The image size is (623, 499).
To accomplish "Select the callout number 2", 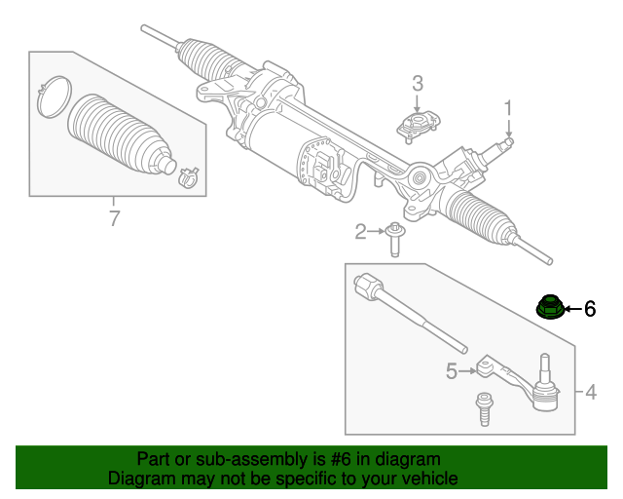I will pos(360,231).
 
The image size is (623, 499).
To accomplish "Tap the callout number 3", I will pos(417,83).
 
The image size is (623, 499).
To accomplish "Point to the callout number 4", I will pos(591,394).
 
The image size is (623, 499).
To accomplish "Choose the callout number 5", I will pos(452,370).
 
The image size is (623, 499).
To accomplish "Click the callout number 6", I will pos(589,310).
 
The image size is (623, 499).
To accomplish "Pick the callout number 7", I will pos(114,219).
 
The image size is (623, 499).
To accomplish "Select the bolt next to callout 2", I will pos(395,237).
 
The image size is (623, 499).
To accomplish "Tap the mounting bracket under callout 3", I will pos(418,125).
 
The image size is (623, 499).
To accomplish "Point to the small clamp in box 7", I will pos(186,177).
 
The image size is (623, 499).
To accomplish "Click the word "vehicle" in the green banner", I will pos(425,479).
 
